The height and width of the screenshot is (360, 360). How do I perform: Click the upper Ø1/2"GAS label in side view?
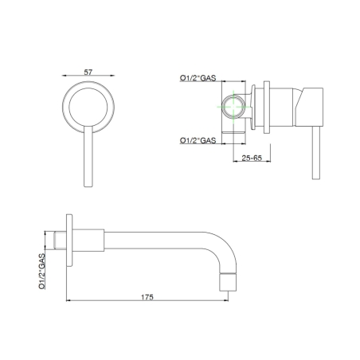click(198, 77)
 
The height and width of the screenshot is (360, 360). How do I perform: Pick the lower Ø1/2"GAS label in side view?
click(198, 140)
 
